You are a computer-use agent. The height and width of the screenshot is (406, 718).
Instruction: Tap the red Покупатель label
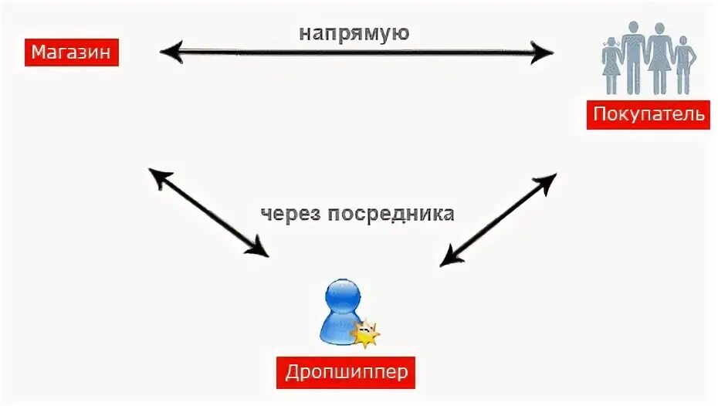tap(648, 115)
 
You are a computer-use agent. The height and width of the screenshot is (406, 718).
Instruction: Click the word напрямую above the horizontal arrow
tap(354, 35)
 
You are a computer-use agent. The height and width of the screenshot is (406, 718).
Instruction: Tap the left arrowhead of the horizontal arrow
tap(170, 52)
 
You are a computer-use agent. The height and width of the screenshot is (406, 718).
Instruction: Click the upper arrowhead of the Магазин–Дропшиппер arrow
tap(157, 177)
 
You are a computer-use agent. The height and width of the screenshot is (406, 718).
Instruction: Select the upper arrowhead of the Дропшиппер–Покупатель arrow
tap(547, 182)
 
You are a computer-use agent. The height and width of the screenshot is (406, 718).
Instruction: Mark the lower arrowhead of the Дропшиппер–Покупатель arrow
tap(449, 259)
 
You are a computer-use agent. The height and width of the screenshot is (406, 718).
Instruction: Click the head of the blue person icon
tap(341, 295)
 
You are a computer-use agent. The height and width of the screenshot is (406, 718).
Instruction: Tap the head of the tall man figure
tap(633, 29)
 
